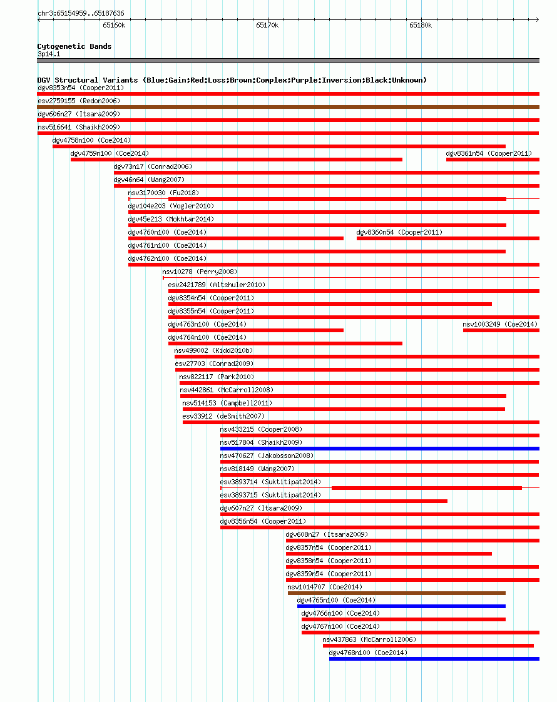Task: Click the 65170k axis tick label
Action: pos(267,26)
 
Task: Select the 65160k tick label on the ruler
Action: pos(114,26)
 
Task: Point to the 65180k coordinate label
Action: pos(421,26)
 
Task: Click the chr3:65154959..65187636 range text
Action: pos(81,13)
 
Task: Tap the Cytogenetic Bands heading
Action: pos(74,46)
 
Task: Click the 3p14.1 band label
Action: pos(49,54)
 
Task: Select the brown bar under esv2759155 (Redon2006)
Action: pos(289,107)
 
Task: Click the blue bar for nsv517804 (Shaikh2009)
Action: pos(380,449)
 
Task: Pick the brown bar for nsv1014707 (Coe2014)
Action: pos(397,593)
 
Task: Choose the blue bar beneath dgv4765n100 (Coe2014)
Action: pos(402,606)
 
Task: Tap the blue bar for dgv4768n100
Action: pos(434,659)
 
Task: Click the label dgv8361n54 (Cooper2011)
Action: pos(489,153)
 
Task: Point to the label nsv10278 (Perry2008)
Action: pos(200,272)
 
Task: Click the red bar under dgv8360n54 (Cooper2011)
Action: pos(448,238)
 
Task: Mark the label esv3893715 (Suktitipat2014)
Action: pos(270,495)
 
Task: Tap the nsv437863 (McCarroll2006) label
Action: pos(369,640)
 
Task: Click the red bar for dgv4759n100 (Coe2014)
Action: pos(237,160)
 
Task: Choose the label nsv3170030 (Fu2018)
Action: pos(163,193)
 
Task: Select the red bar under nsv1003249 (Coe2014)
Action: pos(501,330)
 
